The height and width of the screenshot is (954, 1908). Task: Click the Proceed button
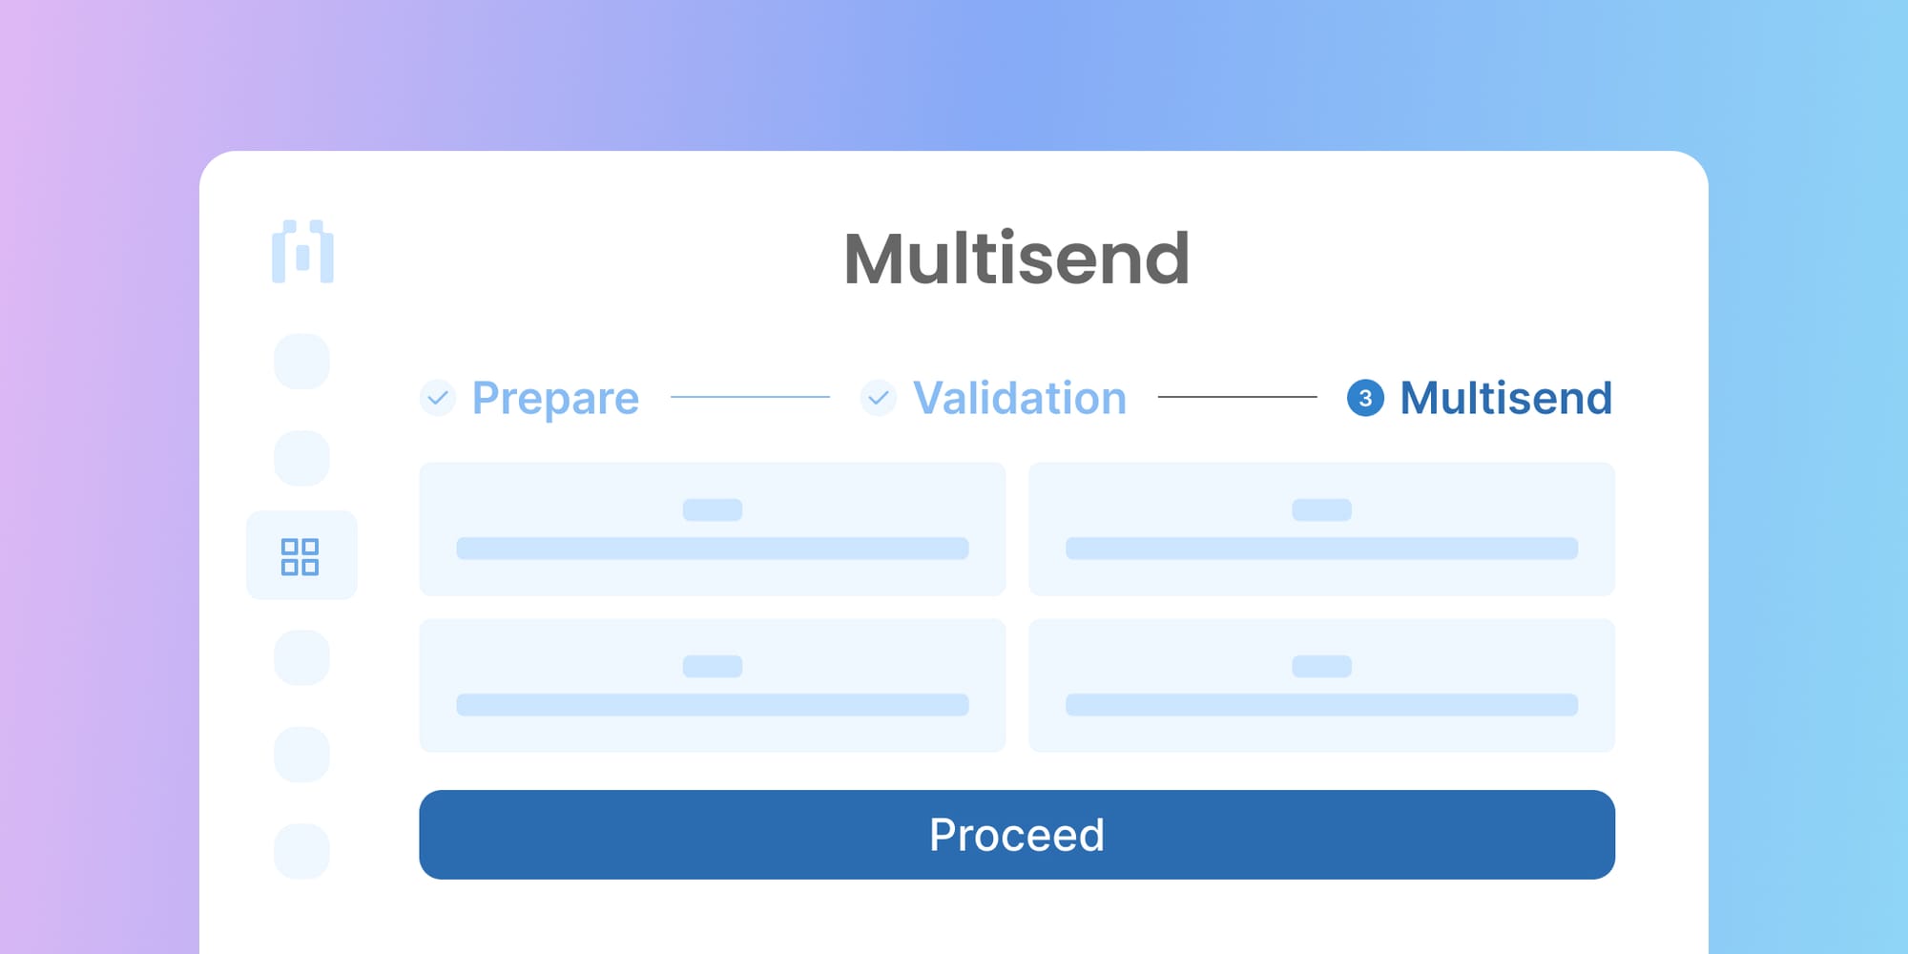point(1016,835)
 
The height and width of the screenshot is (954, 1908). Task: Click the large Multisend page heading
point(1016,259)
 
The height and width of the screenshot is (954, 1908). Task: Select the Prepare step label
point(555,398)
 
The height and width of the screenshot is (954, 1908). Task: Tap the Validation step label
point(1019,398)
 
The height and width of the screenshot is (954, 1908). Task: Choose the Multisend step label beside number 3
point(1505,398)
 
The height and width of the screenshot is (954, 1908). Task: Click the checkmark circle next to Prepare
point(438,398)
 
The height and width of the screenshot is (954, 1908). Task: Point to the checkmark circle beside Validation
point(878,398)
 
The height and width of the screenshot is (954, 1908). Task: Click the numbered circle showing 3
point(1365,398)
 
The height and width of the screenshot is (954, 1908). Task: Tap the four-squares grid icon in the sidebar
point(300,556)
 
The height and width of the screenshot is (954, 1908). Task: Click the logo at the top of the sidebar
point(302,253)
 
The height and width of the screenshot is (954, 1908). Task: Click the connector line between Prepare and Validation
point(750,397)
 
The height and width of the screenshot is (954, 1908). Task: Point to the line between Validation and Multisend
point(1237,397)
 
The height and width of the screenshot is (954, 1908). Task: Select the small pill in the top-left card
point(713,509)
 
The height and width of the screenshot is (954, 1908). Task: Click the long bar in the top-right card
point(1321,549)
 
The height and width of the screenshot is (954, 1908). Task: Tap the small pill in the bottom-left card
point(713,666)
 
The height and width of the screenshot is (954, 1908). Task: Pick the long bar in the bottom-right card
point(1321,705)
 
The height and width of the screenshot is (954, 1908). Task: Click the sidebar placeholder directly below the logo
point(301,362)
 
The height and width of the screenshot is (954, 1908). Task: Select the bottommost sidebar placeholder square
point(301,851)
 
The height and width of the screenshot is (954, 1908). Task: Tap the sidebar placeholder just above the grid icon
point(301,458)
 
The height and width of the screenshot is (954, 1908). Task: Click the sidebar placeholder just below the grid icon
point(301,657)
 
